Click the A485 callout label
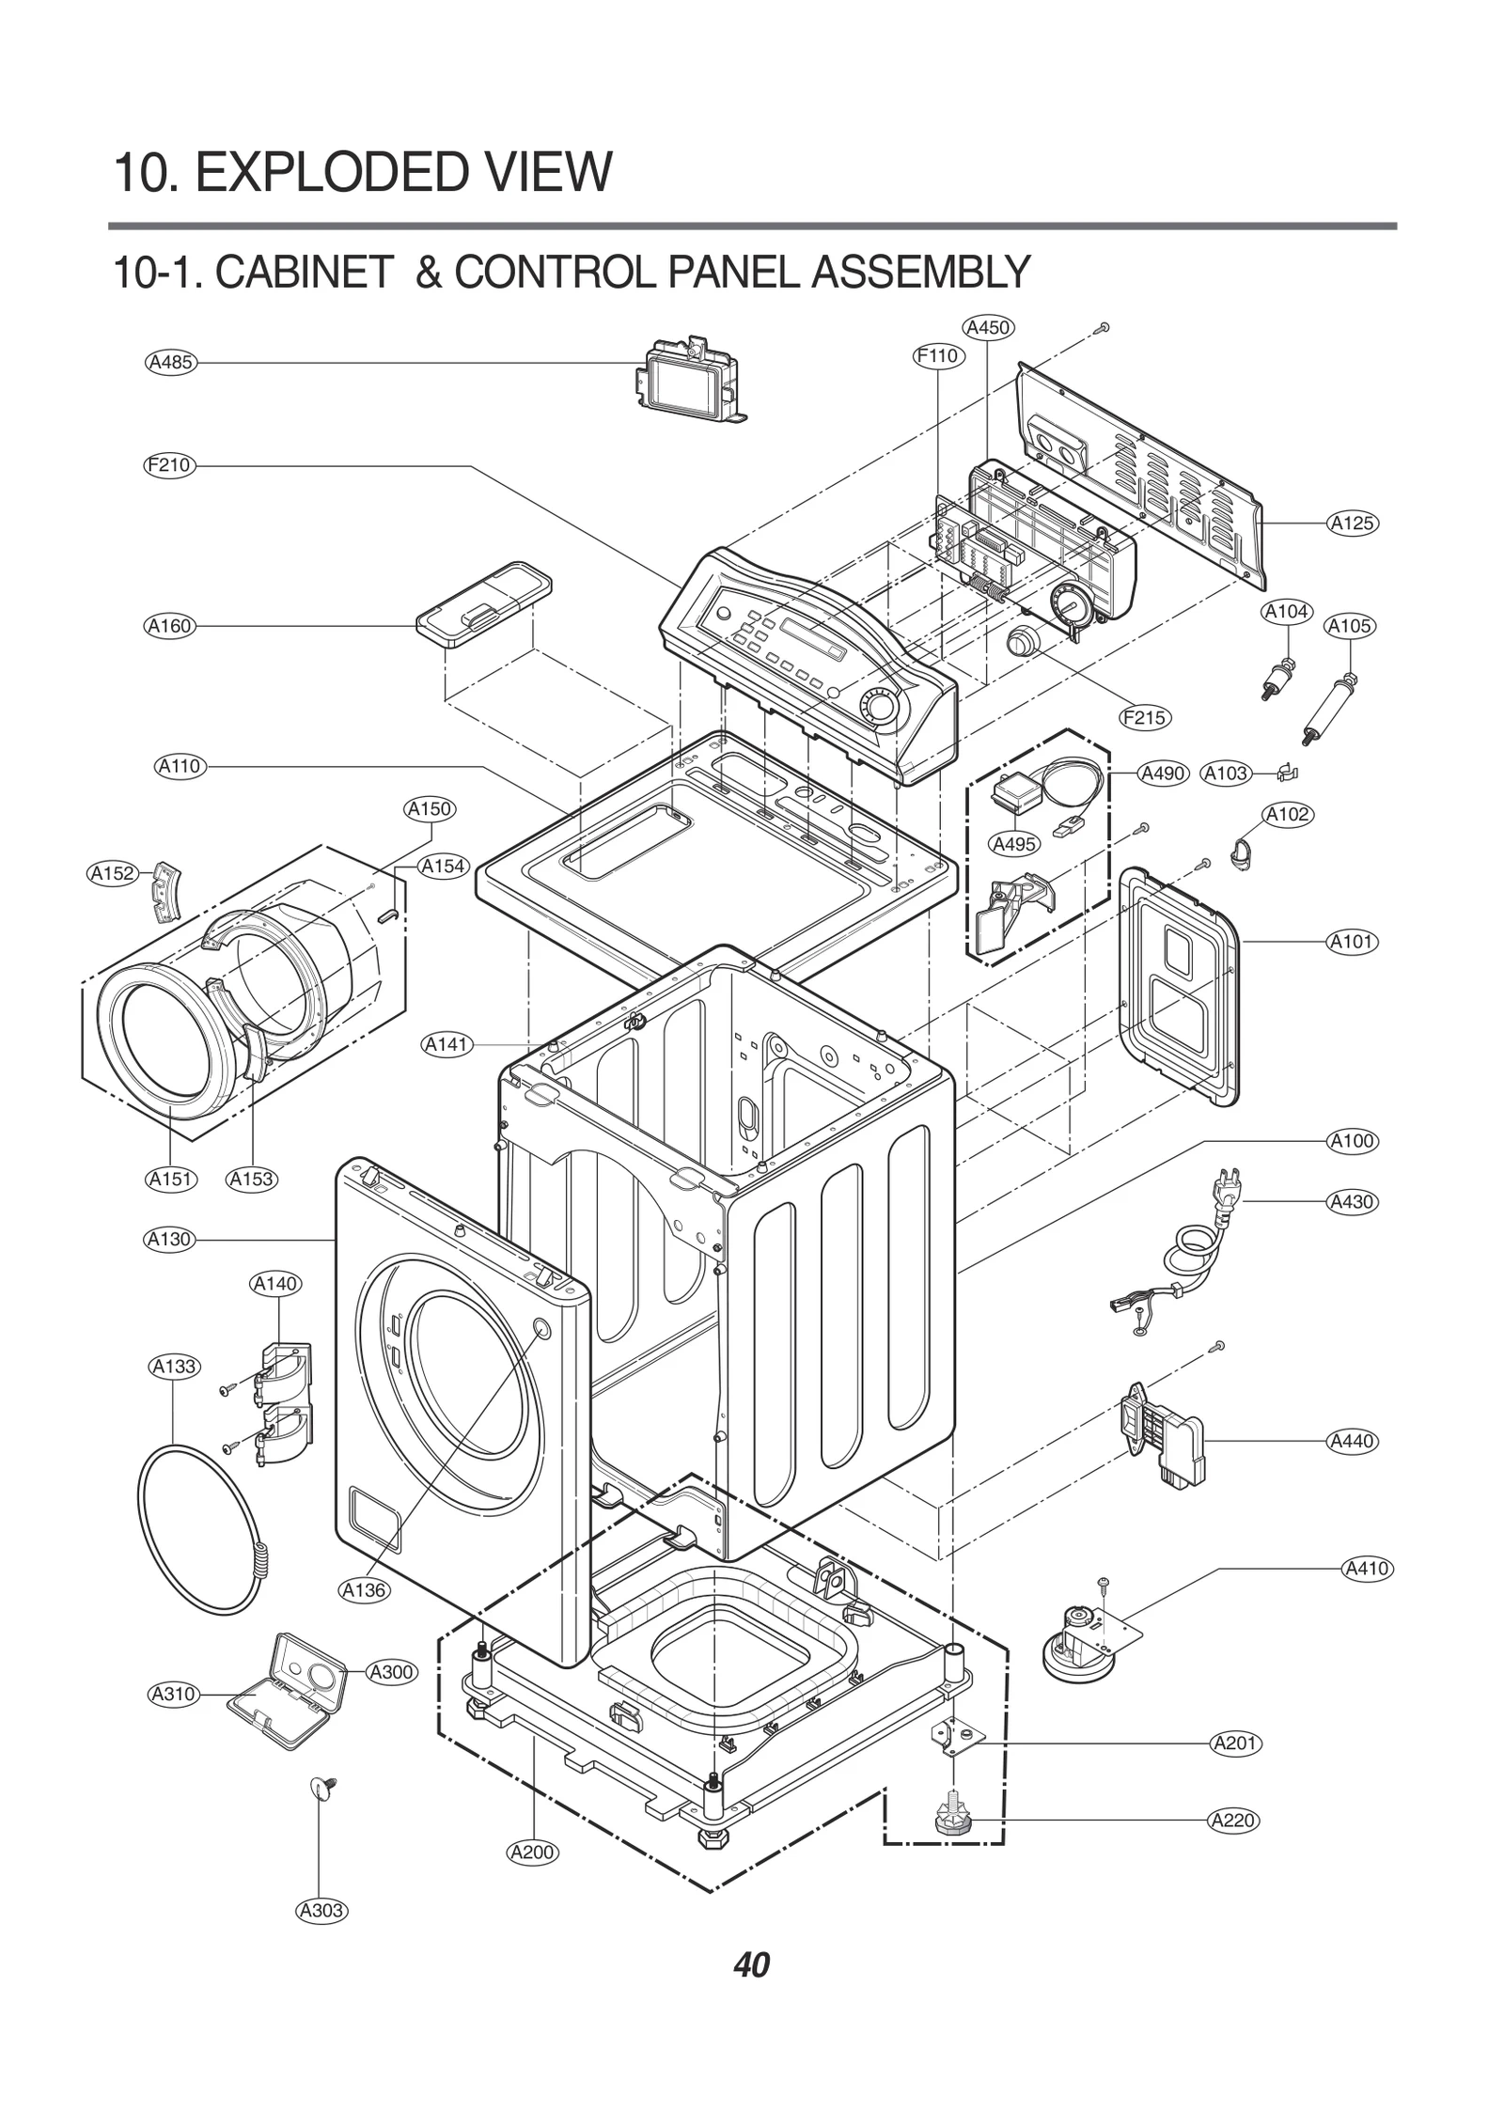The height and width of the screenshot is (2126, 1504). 171,362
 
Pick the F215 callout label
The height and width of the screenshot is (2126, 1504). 1144,718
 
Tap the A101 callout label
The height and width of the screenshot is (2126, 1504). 1352,941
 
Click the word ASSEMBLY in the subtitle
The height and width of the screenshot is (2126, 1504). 921,274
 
